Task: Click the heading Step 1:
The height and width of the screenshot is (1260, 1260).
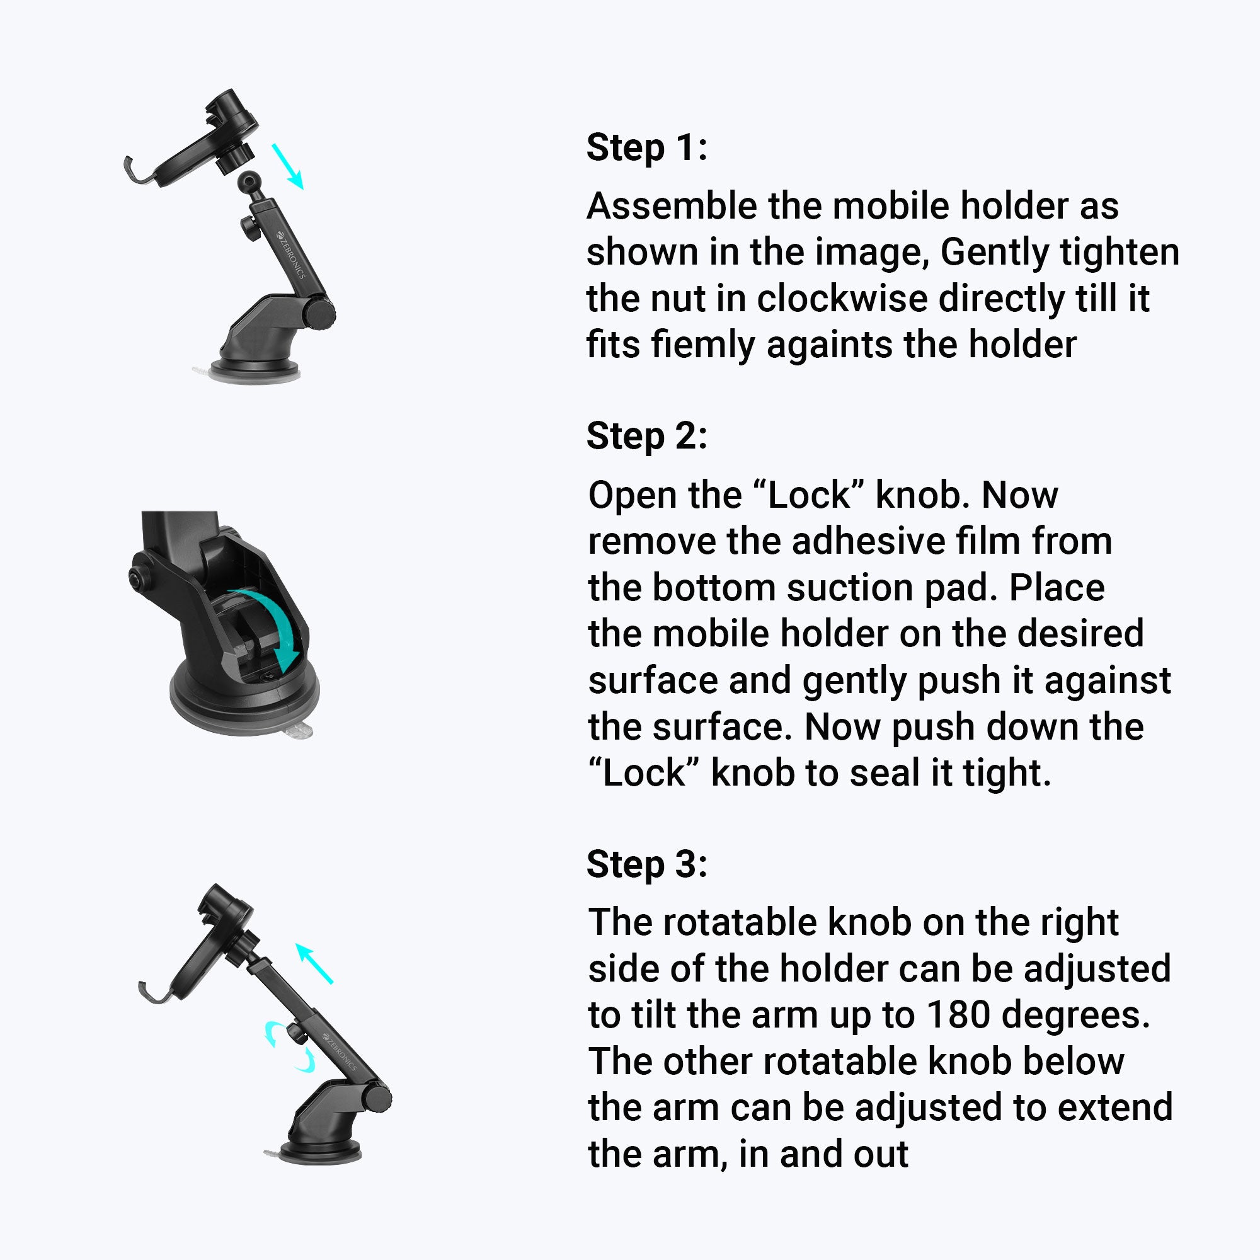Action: [x=646, y=147]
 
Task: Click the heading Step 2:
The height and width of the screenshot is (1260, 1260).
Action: [x=646, y=436]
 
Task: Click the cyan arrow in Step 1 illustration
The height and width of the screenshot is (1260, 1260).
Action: [x=288, y=166]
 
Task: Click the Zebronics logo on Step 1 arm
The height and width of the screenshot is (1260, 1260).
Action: [x=290, y=255]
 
